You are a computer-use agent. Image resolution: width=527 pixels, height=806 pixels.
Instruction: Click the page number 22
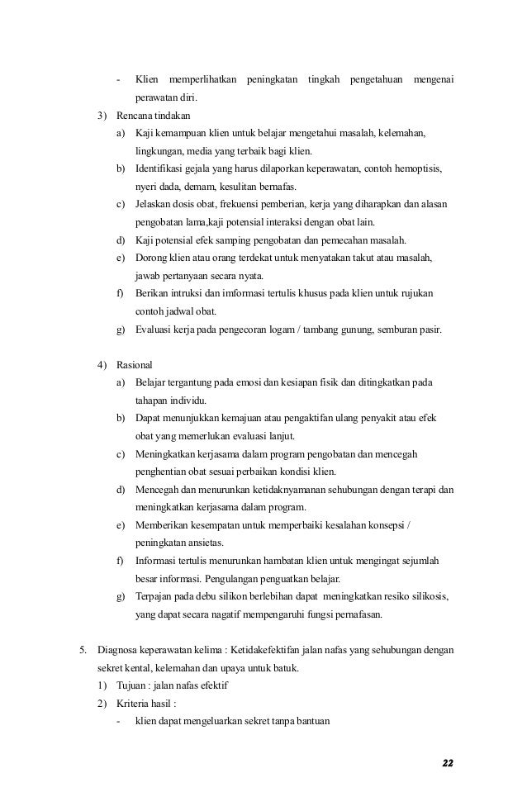coord(447,761)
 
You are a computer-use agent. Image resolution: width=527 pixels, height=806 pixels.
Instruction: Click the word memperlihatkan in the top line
coord(201,79)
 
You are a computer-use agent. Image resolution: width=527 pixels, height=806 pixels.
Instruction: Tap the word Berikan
coord(154,294)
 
